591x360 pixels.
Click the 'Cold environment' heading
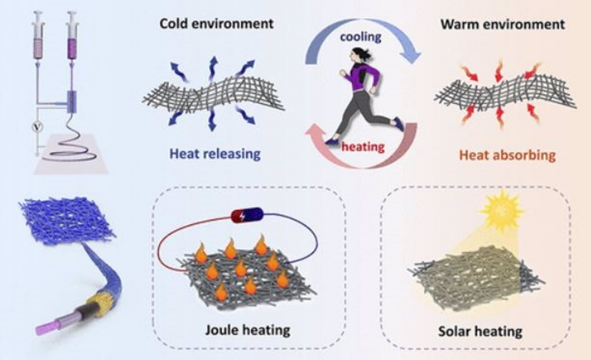(x=217, y=23)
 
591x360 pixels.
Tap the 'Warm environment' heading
(x=502, y=24)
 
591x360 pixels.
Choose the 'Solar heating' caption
(x=479, y=331)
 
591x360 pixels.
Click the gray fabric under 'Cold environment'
(x=213, y=98)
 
